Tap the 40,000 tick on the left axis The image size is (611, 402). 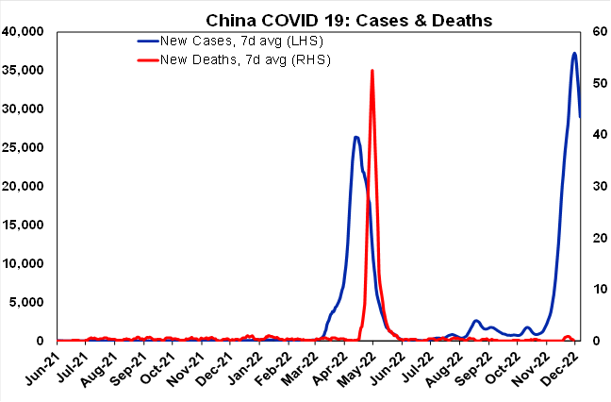pyautogui.click(x=25, y=31)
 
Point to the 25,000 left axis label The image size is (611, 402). pyautogui.click(x=25, y=147)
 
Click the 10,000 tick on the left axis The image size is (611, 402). pyautogui.click(x=25, y=263)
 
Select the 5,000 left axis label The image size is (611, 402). pyautogui.click(x=28, y=302)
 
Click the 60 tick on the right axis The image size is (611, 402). pyautogui.click(x=597, y=31)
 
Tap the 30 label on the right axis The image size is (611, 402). pyautogui.click(x=597, y=186)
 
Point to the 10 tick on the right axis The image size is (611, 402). pyautogui.click(x=597, y=289)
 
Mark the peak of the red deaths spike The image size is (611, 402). pyautogui.click(x=372, y=71)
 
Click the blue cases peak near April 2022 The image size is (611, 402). pyautogui.click(x=355, y=137)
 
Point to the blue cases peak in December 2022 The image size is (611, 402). pyautogui.click(x=574, y=54)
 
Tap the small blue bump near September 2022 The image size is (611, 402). pyautogui.click(x=477, y=321)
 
